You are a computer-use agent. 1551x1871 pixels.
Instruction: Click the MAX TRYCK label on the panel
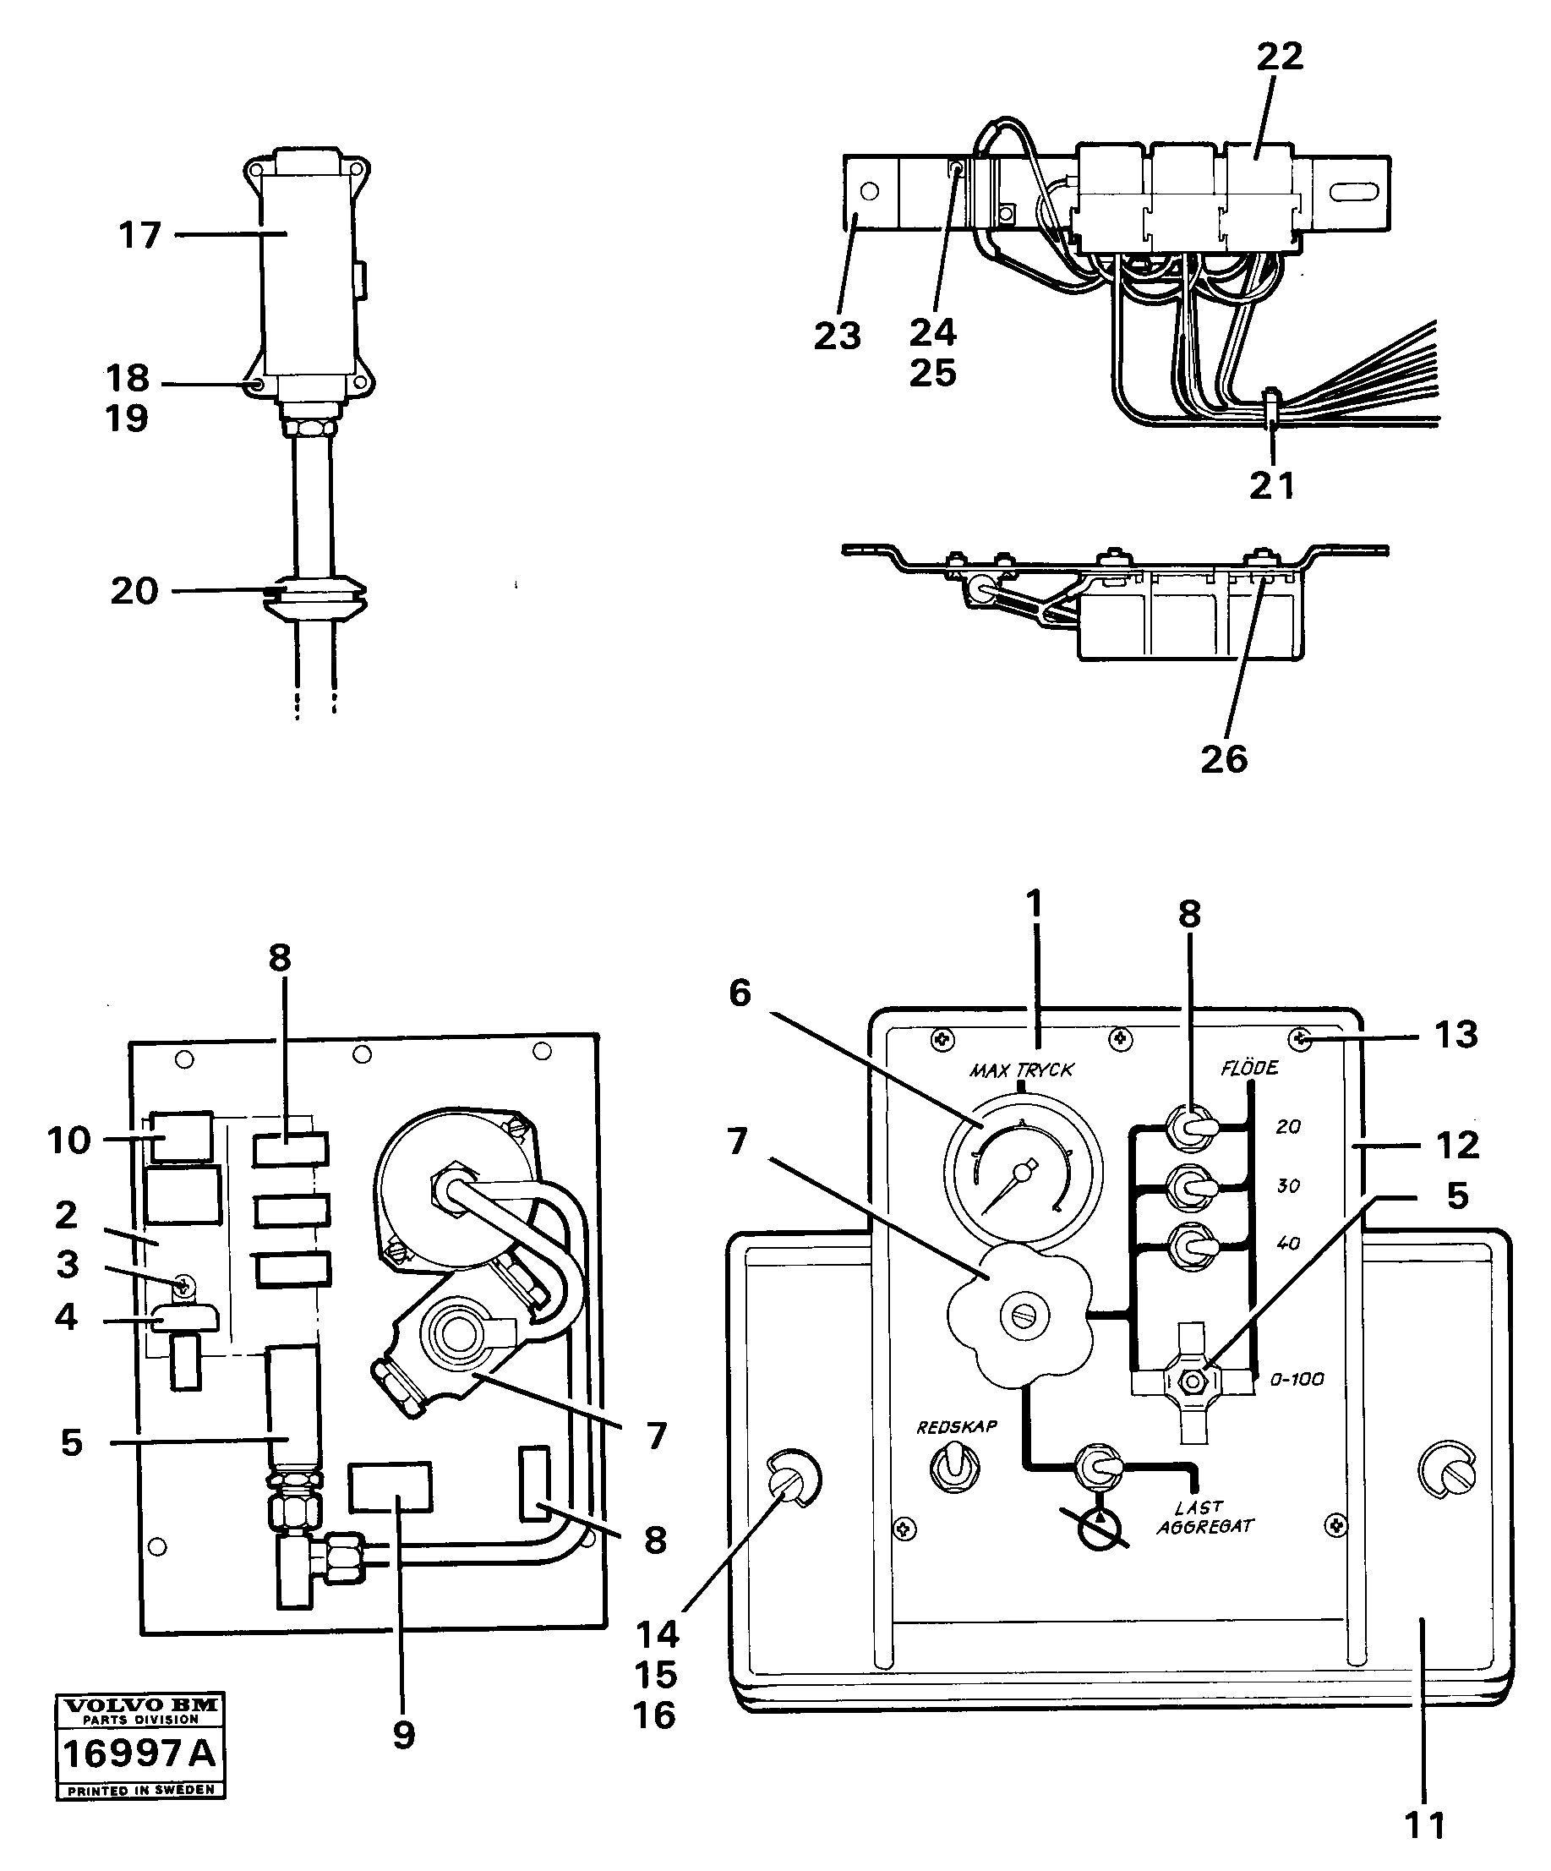pos(1022,1070)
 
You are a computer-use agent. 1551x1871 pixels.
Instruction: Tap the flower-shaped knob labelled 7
pos(1021,1314)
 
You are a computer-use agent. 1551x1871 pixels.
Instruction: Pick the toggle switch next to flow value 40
pos(1192,1241)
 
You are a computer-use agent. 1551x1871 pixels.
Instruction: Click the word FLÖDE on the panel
pos(1249,1067)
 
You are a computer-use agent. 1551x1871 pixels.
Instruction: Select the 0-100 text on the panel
pos(1297,1380)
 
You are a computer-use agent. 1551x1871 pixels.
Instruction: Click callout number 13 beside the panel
pos(1455,1036)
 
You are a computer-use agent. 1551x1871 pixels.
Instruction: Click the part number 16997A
pos(139,1753)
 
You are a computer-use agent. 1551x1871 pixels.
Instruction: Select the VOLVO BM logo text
pos(139,1704)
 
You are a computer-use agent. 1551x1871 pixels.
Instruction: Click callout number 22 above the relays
pos(1281,56)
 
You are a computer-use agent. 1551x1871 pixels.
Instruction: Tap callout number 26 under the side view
pos(1224,759)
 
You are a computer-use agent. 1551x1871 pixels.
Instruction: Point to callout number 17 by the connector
pos(139,235)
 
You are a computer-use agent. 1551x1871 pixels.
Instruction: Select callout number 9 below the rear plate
pos(403,1735)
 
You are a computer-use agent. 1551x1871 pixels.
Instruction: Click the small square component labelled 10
pos(181,1138)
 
